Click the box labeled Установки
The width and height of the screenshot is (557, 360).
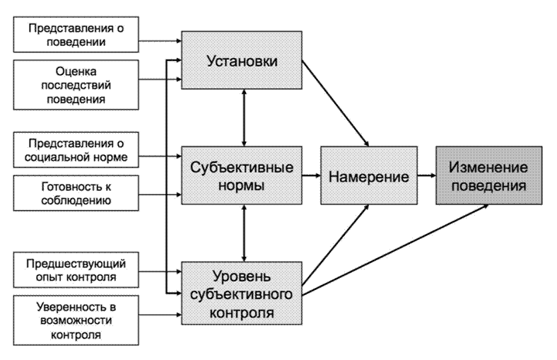(242, 60)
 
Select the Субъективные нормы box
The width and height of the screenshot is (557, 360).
(242, 175)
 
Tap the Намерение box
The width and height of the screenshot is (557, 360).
(369, 175)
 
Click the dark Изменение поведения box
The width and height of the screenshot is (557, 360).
(489, 175)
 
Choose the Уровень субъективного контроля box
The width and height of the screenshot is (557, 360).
(242, 294)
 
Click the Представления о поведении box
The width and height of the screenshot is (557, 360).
(76, 35)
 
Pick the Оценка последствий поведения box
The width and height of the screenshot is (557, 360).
(76, 85)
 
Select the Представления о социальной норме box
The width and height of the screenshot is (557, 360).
(76, 150)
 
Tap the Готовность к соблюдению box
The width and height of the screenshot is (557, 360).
(76, 193)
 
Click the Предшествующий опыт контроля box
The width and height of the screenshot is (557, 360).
(76, 270)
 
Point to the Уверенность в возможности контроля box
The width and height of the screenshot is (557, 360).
(76, 320)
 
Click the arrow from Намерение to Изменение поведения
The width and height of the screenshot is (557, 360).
(427, 175)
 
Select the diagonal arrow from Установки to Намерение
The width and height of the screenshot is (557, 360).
(336, 103)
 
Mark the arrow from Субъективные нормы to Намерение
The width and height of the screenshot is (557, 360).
(312, 175)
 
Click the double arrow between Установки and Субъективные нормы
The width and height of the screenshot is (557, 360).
(244, 117)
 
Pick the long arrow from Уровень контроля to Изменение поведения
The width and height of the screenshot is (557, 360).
(395, 250)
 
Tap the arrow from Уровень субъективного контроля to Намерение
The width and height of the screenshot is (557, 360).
(336, 245)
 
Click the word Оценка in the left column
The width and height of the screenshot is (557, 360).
(76, 71)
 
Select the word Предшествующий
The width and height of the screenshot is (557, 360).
(76, 264)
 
